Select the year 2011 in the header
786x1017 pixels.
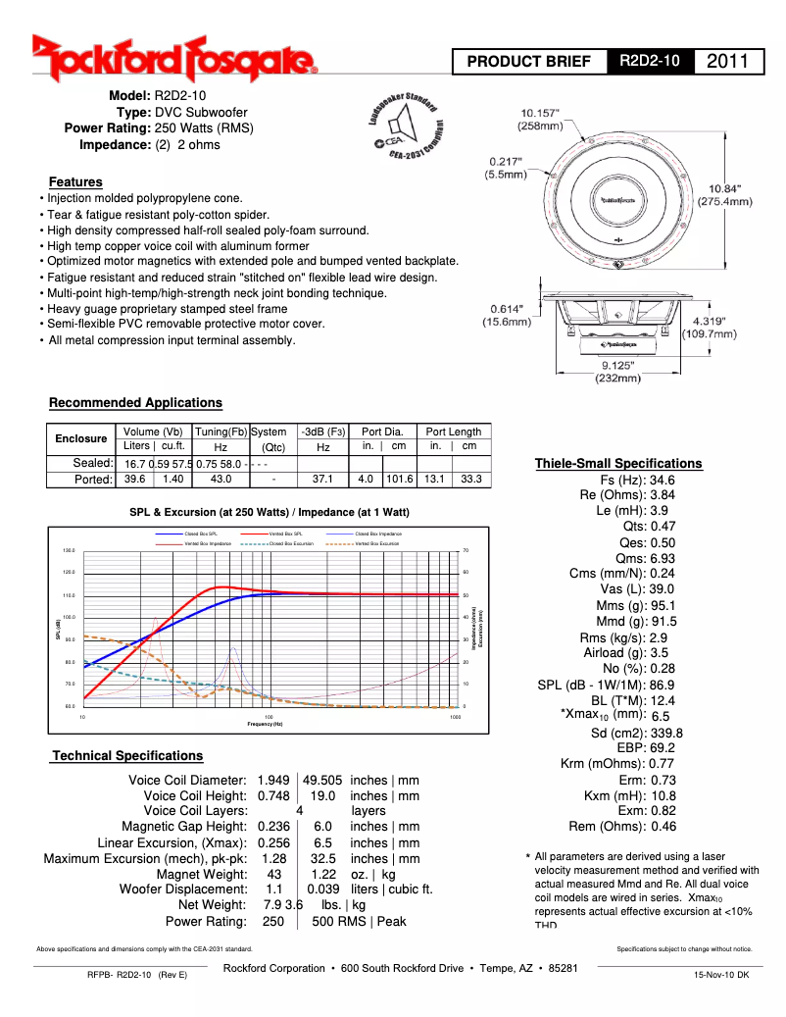[x=728, y=62]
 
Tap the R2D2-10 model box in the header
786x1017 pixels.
[x=650, y=62]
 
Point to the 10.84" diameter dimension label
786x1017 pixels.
[x=724, y=194]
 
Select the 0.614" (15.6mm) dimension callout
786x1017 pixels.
[x=507, y=315]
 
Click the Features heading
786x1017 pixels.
[x=75, y=181]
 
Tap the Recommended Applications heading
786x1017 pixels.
[x=135, y=403]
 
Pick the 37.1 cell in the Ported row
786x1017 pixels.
[x=322, y=480]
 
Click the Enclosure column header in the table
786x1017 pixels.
[x=80, y=438]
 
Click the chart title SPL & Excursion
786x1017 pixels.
[x=270, y=512]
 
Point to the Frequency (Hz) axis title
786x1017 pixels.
[x=265, y=724]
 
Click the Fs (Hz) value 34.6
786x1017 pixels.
[x=663, y=481]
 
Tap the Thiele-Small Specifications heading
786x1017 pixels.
[x=617, y=463]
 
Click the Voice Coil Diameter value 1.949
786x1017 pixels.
[x=273, y=780]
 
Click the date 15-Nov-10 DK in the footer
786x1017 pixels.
[x=721, y=975]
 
